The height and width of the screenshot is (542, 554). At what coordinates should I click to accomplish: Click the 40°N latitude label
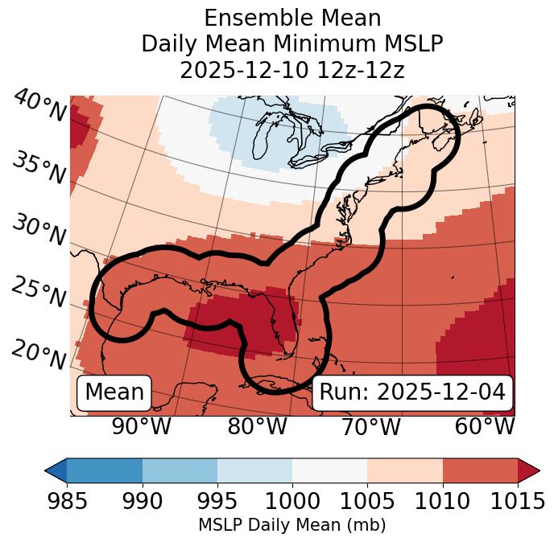[x=38, y=106]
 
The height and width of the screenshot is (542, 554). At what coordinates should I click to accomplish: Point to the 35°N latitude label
[x=38, y=167]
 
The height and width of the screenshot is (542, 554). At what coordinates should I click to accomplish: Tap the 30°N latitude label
[x=38, y=230]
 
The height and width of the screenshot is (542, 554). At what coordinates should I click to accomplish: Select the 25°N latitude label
[x=38, y=292]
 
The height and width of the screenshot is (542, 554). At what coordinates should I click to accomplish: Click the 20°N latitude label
[x=38, y=354]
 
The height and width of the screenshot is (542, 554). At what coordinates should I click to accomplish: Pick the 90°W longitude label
[x=142, y=426]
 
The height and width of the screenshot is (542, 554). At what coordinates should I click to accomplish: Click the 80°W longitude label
[x=258, y=426]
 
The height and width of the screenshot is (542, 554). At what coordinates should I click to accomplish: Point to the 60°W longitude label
[x=485, y=426]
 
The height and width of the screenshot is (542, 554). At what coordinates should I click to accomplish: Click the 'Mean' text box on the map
[x=114, y=392]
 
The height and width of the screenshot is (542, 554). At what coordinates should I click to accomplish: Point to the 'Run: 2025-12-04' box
[x=412, y=392]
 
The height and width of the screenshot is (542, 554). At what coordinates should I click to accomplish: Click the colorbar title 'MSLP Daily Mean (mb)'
[x=291, y=526]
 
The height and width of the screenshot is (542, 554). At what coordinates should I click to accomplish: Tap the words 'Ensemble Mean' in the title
[x=291, y=18]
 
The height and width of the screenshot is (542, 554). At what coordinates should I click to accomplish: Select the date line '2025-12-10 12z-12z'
[x=291, y=71]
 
